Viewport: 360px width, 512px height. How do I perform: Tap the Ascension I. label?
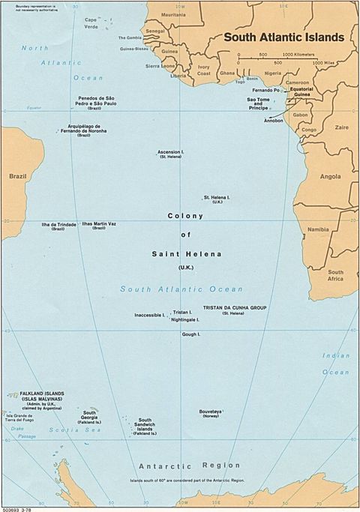click(172, 151)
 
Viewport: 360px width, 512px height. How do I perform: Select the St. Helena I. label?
click(217, 197)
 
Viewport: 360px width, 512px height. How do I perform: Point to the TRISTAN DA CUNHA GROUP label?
click(234, 308)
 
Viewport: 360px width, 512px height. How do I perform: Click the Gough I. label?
click(190, 334)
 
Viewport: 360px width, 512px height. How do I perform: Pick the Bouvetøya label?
click(210, 411)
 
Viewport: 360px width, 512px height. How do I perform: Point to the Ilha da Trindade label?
click(58, 223)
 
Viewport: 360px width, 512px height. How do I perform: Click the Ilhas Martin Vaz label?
click(99, 223)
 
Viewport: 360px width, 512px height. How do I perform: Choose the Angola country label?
click(330, 177)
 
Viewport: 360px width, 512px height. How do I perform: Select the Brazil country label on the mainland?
click(17, 176)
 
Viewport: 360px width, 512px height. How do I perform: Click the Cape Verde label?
click(91, 22)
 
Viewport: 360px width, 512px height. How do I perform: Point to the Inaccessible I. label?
click(149, 315)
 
